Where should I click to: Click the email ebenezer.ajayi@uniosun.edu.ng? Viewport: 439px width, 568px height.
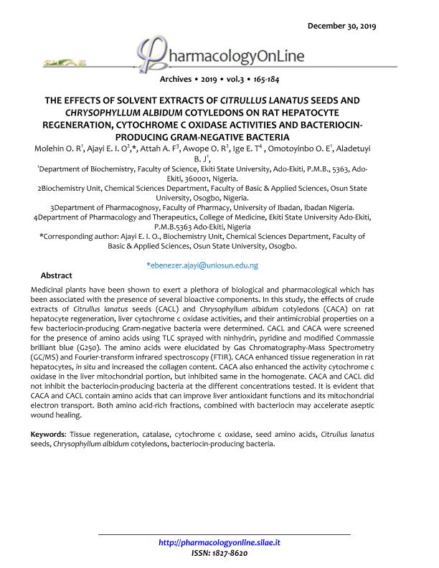(202, 265)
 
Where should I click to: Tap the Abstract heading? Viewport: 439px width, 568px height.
(57, 275)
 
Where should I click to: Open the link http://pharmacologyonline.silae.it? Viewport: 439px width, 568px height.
(219, 543)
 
